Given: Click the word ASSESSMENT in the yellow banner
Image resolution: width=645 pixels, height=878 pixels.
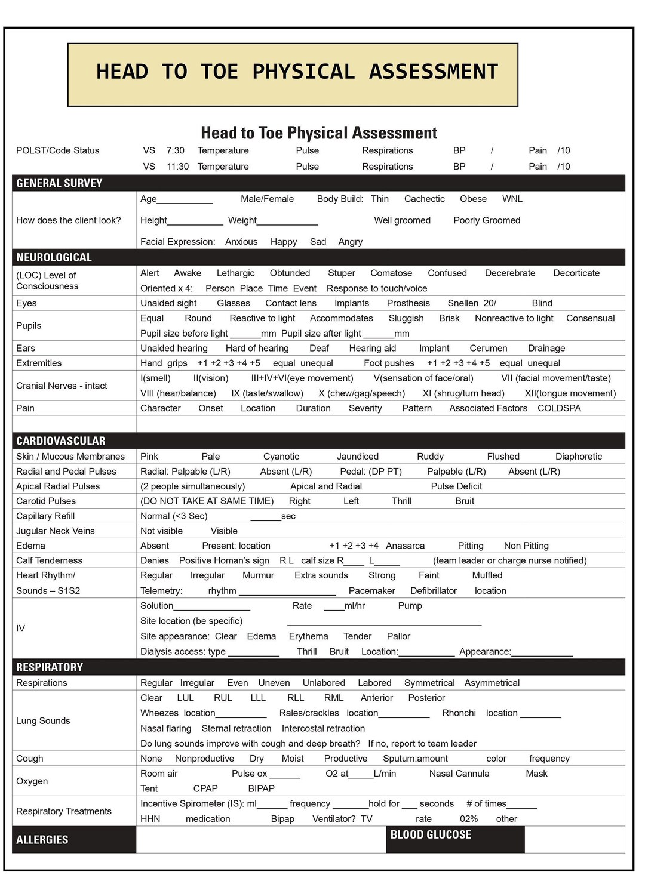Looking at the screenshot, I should (433, 72).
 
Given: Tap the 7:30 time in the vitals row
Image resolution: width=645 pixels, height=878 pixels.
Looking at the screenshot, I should (175, 150).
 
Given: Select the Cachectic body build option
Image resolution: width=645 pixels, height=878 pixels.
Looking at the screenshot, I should (424, 199).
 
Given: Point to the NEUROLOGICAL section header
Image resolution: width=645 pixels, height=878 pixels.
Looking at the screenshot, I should (54, 257).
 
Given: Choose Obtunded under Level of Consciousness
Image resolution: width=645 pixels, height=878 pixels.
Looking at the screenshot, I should (290, 273).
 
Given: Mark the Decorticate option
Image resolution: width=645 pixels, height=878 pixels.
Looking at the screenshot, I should (576, 273).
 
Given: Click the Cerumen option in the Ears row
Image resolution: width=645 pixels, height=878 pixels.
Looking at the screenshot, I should (488, 348).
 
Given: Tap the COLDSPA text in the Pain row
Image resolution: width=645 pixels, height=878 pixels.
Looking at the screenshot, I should (559, 408).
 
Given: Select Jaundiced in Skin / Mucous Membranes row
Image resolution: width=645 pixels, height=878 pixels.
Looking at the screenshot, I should (357, 457).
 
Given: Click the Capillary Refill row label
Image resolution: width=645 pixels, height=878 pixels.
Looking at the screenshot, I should (45, 516).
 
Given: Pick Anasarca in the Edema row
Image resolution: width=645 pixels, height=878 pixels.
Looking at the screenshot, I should (405, 546).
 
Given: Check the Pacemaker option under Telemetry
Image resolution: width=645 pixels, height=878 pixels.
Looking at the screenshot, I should (371, 591).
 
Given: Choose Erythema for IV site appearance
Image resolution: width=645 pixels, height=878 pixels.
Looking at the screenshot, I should (308, 636).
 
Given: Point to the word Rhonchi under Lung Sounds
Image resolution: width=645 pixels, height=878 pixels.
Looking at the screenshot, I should (459, 713).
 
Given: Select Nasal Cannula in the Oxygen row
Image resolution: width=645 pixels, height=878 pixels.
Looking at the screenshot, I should (459, 774).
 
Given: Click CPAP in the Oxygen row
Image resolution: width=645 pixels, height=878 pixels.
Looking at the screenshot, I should (205, 788).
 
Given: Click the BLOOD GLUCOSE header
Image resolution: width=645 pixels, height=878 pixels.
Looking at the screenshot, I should (431, 834).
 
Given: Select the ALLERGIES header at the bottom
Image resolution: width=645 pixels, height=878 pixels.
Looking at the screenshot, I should (42, 840).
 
